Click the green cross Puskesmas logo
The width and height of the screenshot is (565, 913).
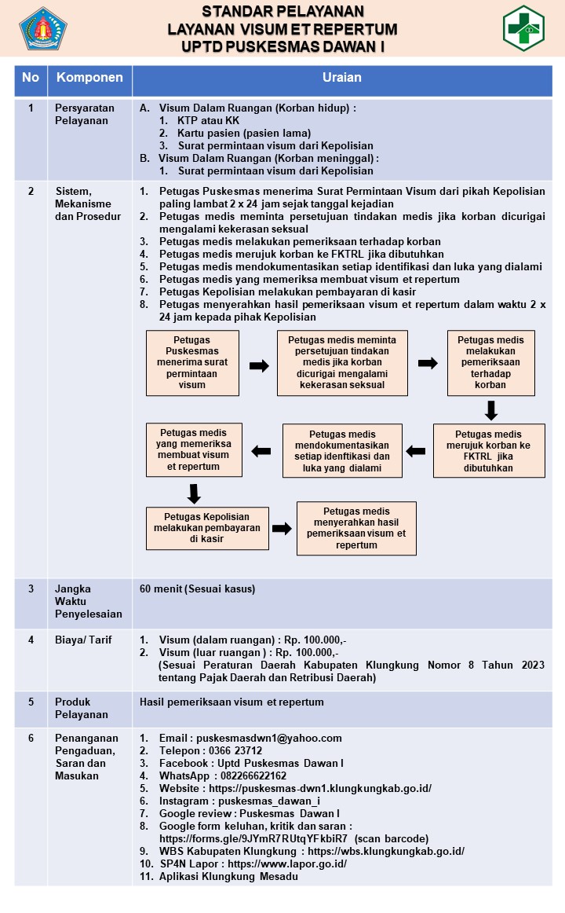[x=523, y=28]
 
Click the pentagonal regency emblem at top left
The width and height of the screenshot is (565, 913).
[x=43, y=28]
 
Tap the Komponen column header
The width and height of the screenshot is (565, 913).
[x=89, y=78]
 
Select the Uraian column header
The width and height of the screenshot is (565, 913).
[x=342, y=78]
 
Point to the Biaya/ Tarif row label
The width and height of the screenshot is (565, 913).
[x=83, y=640]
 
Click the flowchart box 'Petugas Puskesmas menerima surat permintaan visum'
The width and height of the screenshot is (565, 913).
[x=192, y=363]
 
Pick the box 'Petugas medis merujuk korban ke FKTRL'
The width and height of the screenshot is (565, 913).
[x=489, y=451]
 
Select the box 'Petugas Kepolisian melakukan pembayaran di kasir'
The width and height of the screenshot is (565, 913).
[x=207, y=528]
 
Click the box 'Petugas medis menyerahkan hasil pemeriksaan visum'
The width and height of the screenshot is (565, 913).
[x=356, y=528]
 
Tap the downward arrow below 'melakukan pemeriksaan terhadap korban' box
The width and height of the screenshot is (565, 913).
[x=491, y=410]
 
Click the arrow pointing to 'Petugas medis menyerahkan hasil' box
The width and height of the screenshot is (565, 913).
[x=282, y=528]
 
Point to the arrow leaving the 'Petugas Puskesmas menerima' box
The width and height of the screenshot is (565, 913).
[x=259, y=365]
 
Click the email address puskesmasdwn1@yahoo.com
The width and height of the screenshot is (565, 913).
[x=269, y=739]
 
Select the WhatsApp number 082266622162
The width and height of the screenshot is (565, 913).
[x=253, y=775]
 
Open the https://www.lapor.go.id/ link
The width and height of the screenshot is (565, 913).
[x=287, y=864]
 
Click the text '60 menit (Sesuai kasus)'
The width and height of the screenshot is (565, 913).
[x=197, y=588]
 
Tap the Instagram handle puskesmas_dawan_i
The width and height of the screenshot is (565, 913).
[x=269, y=801]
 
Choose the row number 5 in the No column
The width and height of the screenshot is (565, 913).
[x=31, y=702]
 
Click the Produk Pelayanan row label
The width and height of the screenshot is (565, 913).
[x=82, y=708]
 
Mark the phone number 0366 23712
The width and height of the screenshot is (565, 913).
[x=235, y=750]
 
